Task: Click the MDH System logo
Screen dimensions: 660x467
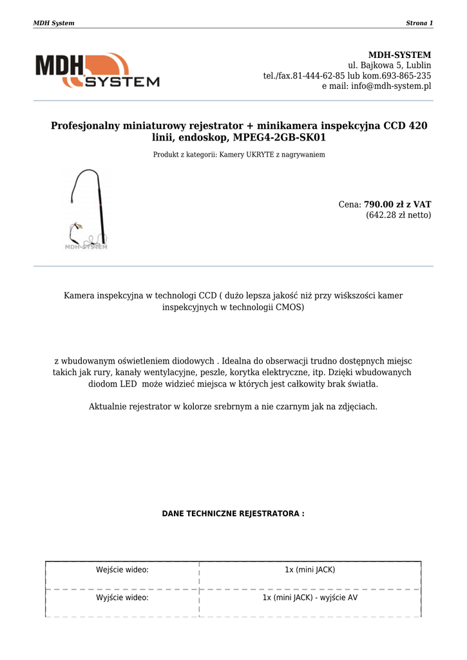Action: click(97, 70)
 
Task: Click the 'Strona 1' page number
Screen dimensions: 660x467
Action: click(419, 23)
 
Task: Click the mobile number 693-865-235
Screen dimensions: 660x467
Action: click(407, 75)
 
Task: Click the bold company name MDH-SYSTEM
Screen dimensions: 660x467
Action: click(399, 55)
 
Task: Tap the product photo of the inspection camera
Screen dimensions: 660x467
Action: click(86, 209)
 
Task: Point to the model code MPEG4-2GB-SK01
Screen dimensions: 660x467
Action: click(280, 138)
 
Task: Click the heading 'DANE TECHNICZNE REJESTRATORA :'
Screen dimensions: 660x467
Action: click(233, 514)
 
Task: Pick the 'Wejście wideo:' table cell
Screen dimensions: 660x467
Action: click(122, 570)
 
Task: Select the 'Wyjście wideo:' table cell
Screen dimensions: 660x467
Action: click(122, 597)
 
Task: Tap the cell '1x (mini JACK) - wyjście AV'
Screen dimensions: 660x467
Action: click(310, 597)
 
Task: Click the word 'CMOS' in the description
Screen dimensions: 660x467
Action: click(291, 307)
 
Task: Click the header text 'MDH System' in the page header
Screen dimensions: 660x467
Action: click(53, 23)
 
